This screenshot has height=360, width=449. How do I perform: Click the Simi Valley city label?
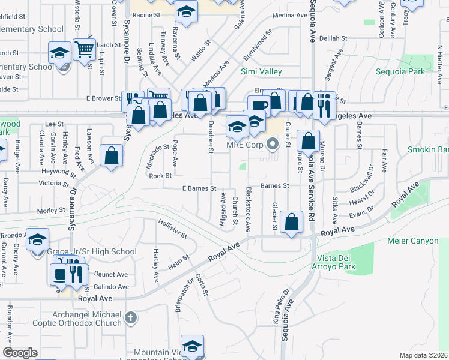pyautogui.click(x=261, y=71)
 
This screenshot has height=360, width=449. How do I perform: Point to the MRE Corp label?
pyautogui.click(x=245, y=144)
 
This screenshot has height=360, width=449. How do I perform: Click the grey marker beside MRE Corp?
pyautogui.click(x=274, y=144)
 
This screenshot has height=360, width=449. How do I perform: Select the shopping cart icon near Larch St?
pyautogui.click(x=84, y=47)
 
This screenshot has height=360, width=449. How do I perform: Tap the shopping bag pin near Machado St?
pyautogui.click(x=112, y=155)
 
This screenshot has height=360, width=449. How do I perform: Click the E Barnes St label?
pyautogui.click(x=199, y=188)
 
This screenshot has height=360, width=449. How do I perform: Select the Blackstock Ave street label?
pyautogui.click(x=247, y=209)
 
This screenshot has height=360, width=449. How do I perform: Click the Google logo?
pyautogui.click(x=20, y=353)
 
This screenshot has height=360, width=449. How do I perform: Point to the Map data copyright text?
pyautogui.click(x=425, y=355)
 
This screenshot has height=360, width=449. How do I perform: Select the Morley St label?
pyautogui.click(x=51, y=211)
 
